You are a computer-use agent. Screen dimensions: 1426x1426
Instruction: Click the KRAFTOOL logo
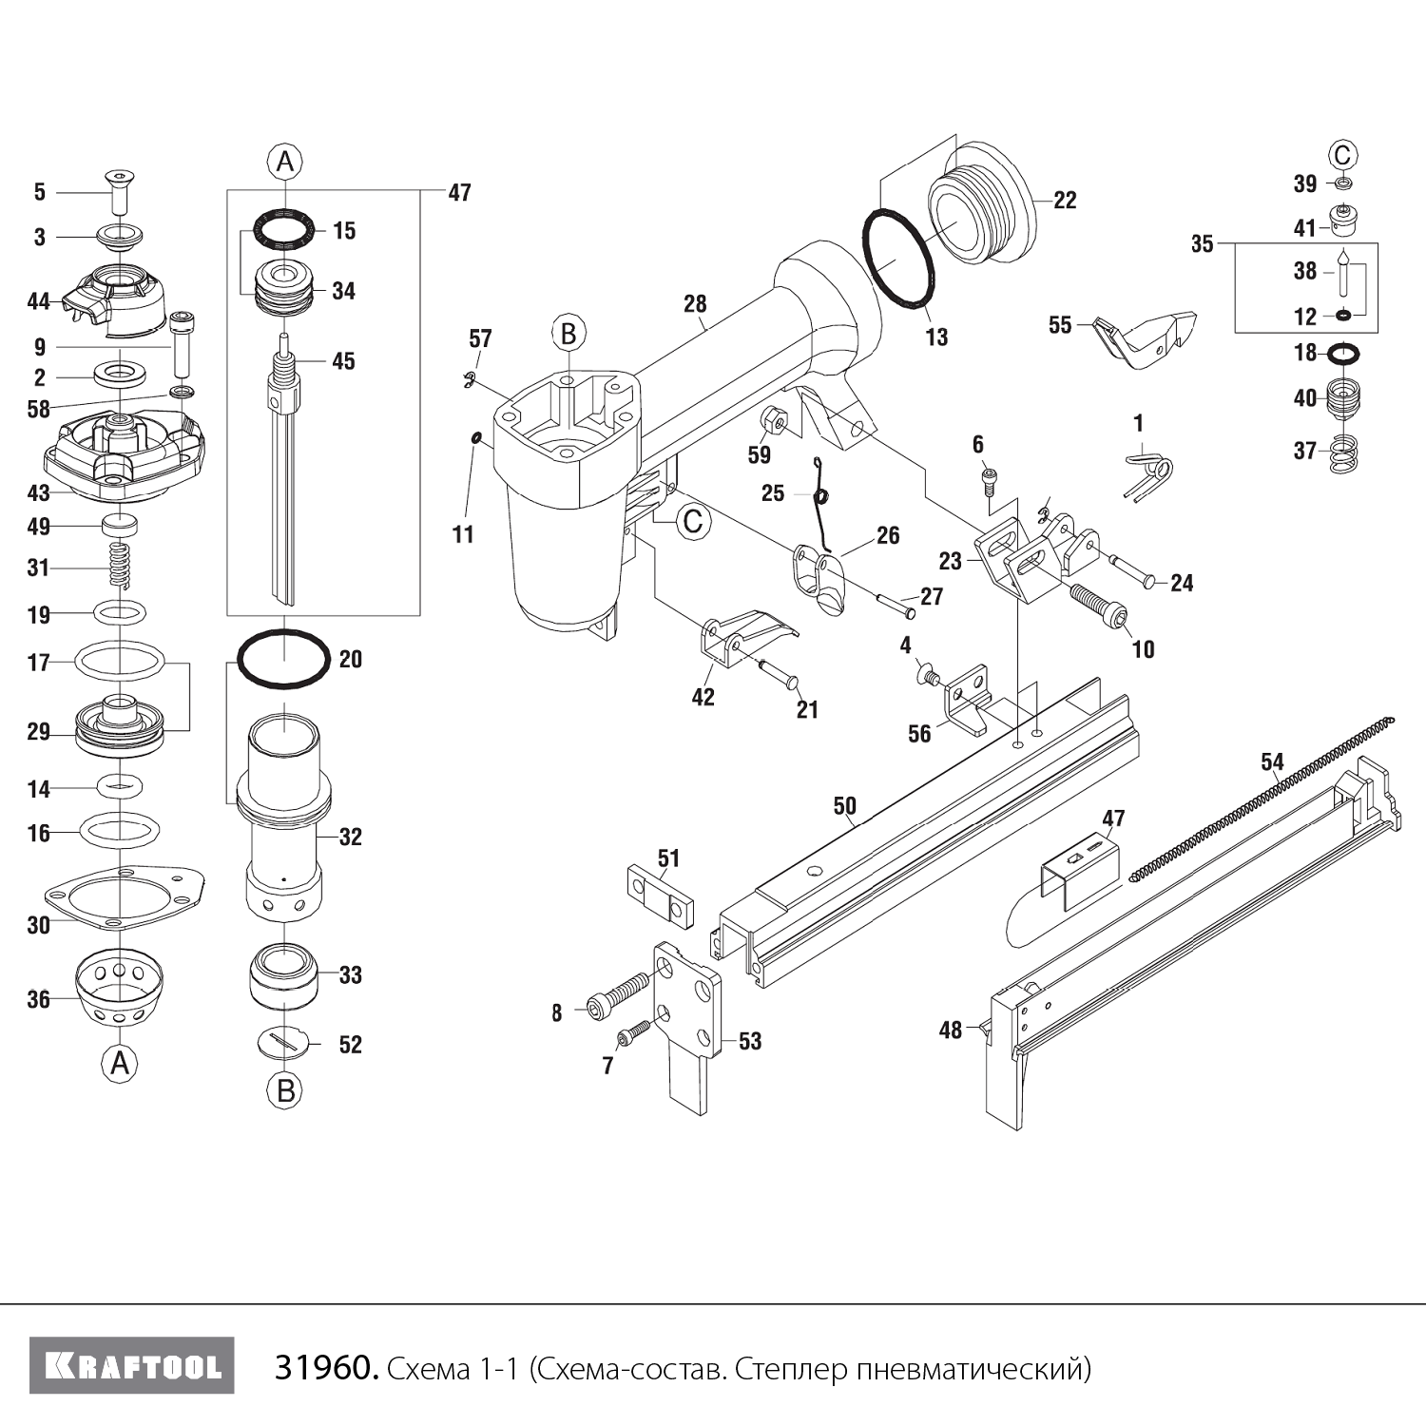click(132, 1366)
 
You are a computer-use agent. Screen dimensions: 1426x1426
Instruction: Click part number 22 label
click(1065, 200)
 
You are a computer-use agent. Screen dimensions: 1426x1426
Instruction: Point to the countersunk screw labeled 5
click(118, 193)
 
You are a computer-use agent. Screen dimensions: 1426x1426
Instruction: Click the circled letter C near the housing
click(693, 521)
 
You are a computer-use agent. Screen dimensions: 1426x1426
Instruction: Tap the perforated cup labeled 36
click(119, 989)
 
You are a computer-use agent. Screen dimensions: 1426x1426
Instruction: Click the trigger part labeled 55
click(1146, 337)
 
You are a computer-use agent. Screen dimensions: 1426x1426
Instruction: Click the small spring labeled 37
click(1343, 453)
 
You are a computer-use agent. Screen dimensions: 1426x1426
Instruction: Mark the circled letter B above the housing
click(568, 334)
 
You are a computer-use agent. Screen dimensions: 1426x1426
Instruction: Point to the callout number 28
click(695, 303)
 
